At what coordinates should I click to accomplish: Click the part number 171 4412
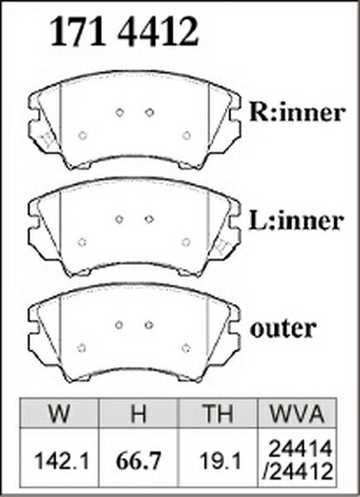tap(124, 31)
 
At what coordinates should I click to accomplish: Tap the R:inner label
tap(296, 112)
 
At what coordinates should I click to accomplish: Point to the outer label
tap(283, 329)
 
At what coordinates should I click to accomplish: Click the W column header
tap(60, 413)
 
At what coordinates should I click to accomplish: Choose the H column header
tap(138, 413)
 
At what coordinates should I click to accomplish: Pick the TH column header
tap(218, 413)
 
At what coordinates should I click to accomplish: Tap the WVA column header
tap(296, 413)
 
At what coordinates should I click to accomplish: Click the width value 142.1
tap(62, 461)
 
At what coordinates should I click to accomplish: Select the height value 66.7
tap(139, 461)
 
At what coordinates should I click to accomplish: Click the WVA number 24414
tap(300, 448)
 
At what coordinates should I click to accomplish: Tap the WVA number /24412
tap(298, 471)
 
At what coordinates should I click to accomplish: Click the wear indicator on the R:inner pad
tap(46, 139)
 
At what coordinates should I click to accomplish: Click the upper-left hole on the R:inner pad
tap(119, 112)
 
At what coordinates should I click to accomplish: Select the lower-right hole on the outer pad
tap(186, 348)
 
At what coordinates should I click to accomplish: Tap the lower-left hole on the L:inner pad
tap(82, 242)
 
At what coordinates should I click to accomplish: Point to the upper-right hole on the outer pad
tap(149, 325)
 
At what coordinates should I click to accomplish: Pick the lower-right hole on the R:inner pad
tap(186, 135)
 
